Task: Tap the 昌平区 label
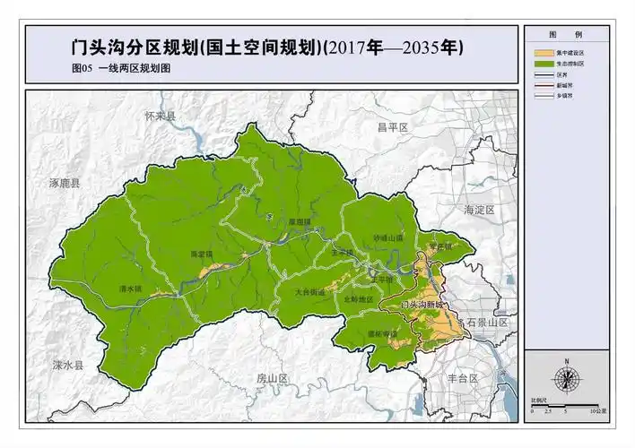click(x=392, y=128)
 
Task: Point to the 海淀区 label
click(x=479, y=209)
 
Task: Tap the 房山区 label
click(x=271, y=378)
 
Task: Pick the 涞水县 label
click(x=66, y=366)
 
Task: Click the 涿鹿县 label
click(x=64, y=183)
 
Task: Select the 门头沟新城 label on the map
click(x=423, y=305)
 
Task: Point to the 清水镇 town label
click(x=131, y=289)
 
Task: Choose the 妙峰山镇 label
click(x=388, y=237)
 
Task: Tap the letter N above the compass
click(x=566, y=360)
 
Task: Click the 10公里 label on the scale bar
click(x=598, y=409)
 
